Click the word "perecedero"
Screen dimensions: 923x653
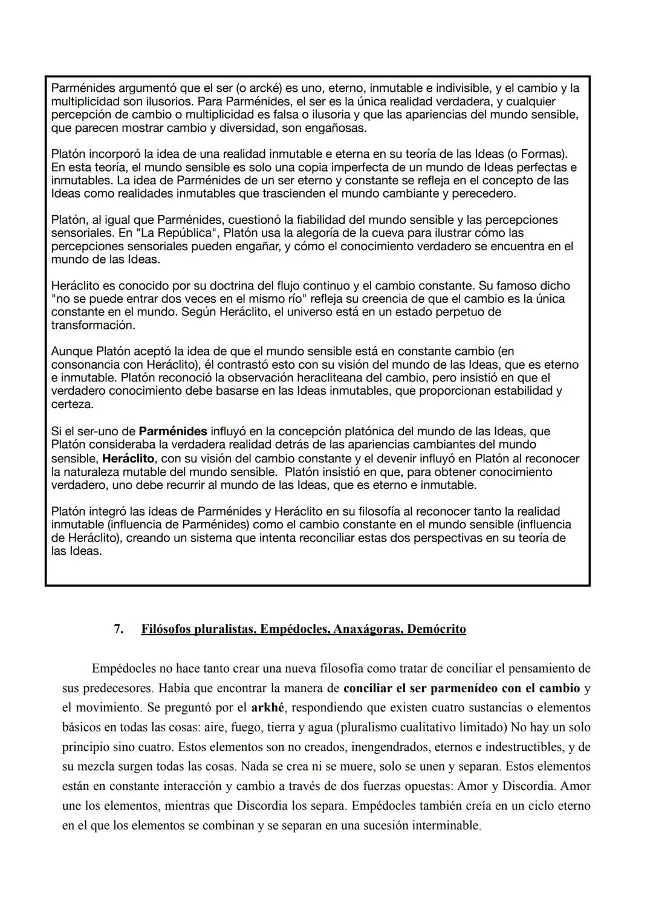coord(484,194)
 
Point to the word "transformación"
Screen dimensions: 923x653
coord(93,325)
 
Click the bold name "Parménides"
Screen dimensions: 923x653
coord(173,432)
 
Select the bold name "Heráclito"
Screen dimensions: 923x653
coord(128,459)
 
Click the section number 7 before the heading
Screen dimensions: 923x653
coord(119,629)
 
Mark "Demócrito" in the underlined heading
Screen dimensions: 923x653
coord(437,629)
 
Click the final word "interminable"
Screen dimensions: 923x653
coord(446,826)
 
